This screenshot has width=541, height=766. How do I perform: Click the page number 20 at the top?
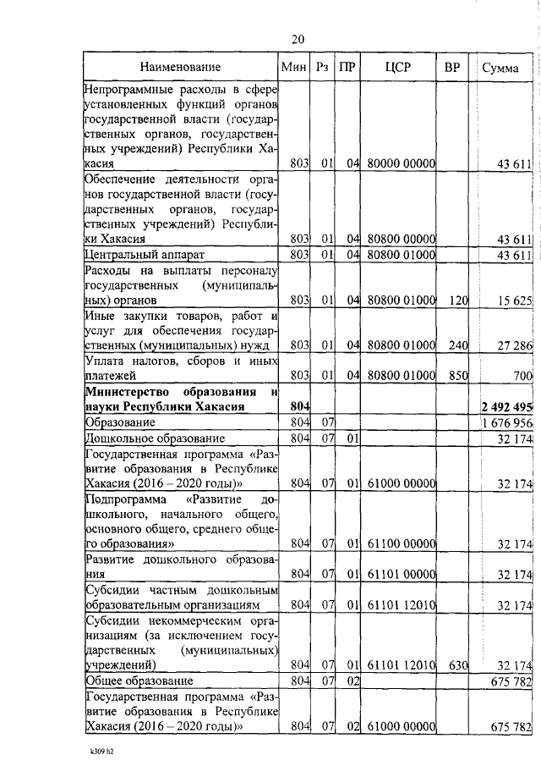pyautogui.click(x=298, y=39)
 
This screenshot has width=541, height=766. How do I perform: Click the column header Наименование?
pyautogui.click(x=181, y=67)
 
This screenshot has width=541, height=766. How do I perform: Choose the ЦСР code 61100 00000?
pyautogui.click(x=401, y=544)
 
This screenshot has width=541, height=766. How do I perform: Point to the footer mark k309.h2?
pyautogui.click(x=102, y=751)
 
